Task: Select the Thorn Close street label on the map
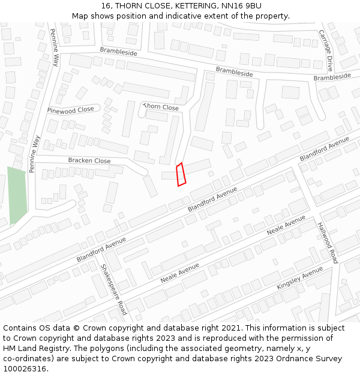(x=161, y=107)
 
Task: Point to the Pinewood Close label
(x=71, y=110)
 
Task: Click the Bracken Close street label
(x=89, y=161)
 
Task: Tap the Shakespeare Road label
(x=113, y=289)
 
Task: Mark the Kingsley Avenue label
(x=299, y=280)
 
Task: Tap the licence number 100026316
(x=25, y=368)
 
